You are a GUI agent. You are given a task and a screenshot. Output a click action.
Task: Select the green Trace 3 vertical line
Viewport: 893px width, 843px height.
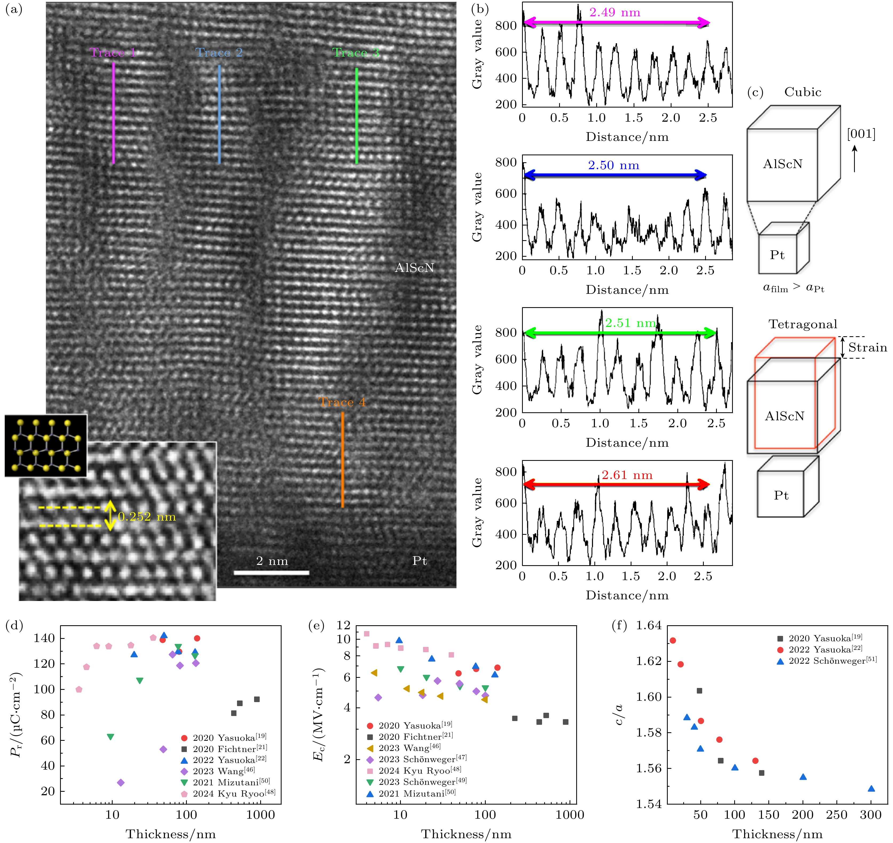(356, 116)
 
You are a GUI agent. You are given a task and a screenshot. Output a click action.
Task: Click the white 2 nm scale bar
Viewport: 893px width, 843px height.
(271, 572)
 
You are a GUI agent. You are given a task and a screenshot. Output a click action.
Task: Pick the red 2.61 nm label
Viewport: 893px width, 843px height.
(627, 475)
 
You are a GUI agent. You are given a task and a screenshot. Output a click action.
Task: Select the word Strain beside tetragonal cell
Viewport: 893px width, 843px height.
(867, 347)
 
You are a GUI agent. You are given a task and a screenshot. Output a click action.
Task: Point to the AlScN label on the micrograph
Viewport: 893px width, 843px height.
(414, 268)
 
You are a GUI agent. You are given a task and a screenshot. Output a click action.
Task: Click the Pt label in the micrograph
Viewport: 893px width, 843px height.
(419, 561)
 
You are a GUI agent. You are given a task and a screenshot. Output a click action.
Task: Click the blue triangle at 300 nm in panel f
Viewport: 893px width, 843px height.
(871, 789)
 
